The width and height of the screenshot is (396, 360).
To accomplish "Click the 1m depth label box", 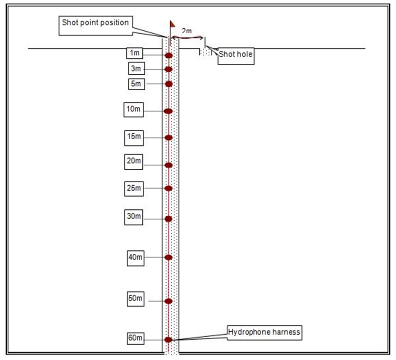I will [x=135, y=53].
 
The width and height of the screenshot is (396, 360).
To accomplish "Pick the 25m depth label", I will [x=134, y=188].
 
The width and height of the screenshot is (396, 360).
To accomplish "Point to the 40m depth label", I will [x=136, y=257].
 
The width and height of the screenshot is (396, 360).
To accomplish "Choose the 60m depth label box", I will [x=136, y=338].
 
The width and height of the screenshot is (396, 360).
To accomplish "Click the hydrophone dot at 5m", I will [x=169, y=84].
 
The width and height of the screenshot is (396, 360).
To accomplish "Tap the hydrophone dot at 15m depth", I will [x=169, y=138].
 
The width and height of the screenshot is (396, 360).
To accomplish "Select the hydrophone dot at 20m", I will [x=169, y=165].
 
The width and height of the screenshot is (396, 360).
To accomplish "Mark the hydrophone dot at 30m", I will [x=169, y=219].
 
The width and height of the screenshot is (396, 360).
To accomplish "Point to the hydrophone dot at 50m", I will [x=169, y=301].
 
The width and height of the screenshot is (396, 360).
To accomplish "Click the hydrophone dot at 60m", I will [x=168, y=339].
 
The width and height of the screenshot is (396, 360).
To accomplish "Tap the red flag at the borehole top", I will [x=172, y=24].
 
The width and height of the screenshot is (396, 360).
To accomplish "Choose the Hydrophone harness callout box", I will [x=264, y=332].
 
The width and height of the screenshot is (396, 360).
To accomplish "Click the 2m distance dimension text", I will [x=187, y=31].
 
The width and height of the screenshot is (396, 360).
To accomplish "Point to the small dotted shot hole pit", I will [x=205, y=51].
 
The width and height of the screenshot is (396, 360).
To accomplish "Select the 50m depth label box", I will [x=136, y=298].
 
